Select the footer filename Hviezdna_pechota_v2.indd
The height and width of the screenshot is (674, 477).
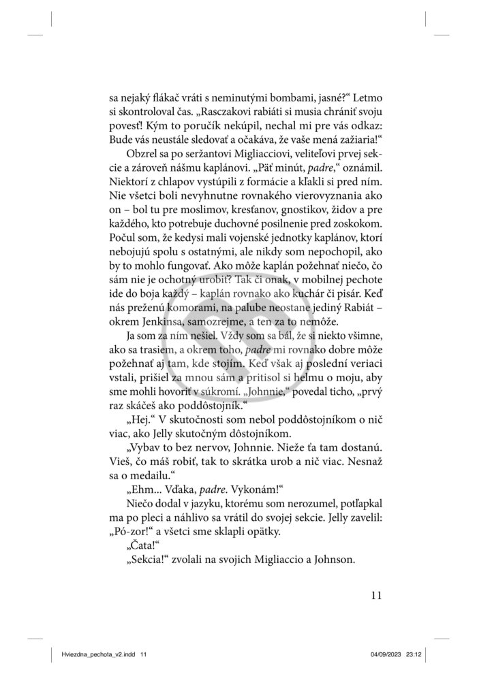click(x=93, y=654)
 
